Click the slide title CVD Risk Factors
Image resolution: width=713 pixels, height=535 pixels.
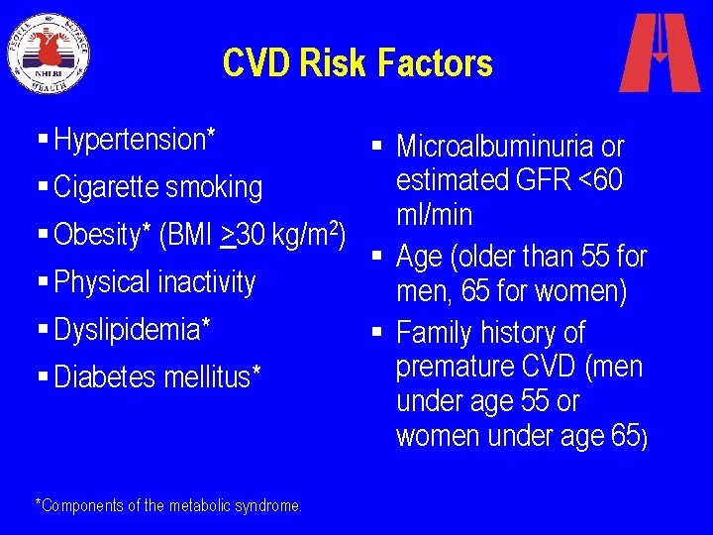click(357, 63)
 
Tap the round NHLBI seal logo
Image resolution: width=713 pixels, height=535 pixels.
click(50, 53)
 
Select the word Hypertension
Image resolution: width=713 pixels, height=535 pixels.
click(129, 141)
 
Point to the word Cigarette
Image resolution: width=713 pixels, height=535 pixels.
click(106, 187)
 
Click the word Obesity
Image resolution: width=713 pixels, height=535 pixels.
click(97, 235)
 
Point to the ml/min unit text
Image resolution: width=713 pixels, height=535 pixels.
click(434, 215)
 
